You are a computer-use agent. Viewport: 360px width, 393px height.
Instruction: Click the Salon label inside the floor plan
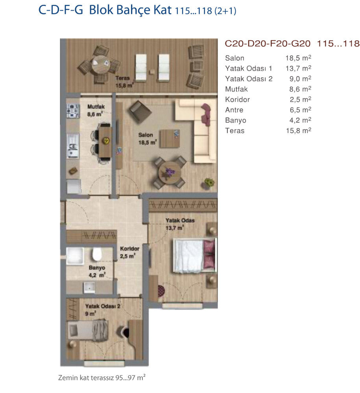(x=146, y=135)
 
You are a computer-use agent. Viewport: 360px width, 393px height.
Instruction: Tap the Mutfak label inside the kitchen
(x=96, y=107)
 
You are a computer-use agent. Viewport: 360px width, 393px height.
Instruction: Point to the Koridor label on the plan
(x=129, y=249)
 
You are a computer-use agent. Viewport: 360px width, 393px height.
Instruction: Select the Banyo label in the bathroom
(x=97, y=268)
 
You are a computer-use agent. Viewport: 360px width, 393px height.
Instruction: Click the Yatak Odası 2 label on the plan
(x=103, y=306)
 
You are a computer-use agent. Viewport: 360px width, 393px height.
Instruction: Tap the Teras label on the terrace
(x=122, y=78)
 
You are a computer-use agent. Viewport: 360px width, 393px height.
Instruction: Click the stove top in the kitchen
(x=73, y=111)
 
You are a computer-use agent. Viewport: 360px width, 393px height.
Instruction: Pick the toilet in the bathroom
(x=96, y=254)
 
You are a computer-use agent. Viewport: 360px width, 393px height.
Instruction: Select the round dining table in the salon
(x=170, y=173)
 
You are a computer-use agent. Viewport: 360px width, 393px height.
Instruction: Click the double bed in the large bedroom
(x=195, y=255)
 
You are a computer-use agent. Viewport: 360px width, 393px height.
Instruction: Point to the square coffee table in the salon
(x=170, y=138)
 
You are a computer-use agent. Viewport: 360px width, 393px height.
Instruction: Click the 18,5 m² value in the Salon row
(x=298, y=58)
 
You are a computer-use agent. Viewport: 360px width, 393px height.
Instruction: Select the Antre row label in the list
(x=234, y=110)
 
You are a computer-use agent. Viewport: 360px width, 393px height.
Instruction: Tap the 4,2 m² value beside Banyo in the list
(x=300, y=120)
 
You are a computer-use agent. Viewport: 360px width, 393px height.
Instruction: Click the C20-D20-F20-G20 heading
(x=268, y=44)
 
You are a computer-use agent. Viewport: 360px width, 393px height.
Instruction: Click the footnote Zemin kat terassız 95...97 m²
(x=102, y=377)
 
